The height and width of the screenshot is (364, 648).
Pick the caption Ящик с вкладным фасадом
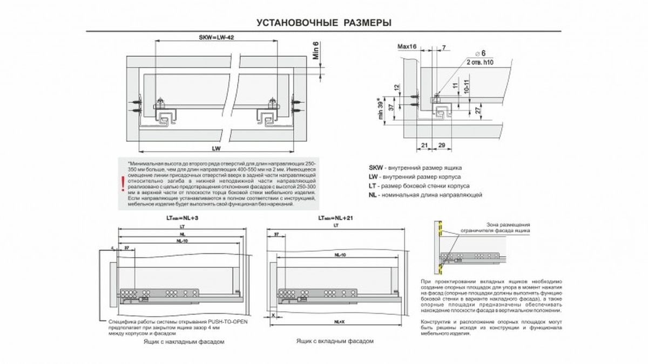[335, 341]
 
